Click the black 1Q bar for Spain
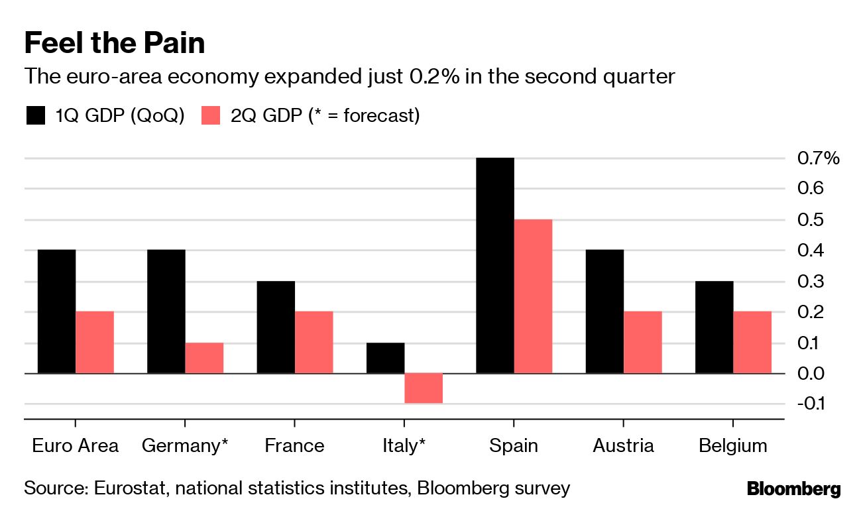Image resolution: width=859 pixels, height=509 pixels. point(495,265)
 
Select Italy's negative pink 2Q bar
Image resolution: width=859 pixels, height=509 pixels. point(424,388)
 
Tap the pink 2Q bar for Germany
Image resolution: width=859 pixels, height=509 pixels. point(204,358)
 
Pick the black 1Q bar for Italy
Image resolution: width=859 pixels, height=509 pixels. point(385,358)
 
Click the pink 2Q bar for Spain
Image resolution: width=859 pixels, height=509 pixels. point(533,296)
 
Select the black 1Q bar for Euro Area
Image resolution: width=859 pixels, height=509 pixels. point(56,311)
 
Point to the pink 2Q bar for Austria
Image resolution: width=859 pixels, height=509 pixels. point(643,342)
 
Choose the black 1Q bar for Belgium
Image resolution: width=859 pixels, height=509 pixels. point(714,327)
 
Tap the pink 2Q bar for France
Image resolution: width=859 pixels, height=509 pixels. point(314,342)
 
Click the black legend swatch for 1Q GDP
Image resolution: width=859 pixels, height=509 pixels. point(35,116)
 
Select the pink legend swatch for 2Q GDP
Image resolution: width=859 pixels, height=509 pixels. point(210,116)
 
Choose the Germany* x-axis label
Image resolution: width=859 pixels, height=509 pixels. point(185,445)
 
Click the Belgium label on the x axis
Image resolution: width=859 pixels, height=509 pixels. point(732,445)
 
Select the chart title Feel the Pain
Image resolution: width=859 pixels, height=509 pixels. point(114,44)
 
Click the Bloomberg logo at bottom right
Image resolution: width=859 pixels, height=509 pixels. point(793,489)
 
